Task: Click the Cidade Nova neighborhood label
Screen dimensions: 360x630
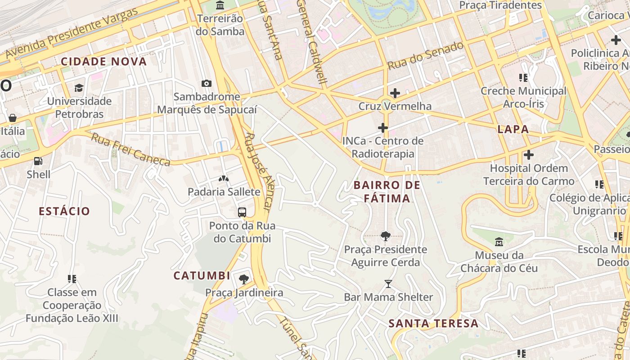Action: pos(104,62)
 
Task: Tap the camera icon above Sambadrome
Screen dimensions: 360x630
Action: pos(207,83)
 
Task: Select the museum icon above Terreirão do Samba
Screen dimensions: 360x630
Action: pos(220,6)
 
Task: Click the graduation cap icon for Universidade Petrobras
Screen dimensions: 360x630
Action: pos(79,88)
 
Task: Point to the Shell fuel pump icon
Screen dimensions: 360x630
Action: pos(38,161)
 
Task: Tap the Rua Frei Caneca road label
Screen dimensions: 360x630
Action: pos(130,149)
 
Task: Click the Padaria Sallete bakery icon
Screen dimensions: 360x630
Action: pos(224,179)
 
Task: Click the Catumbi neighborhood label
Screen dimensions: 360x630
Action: pos(202,276)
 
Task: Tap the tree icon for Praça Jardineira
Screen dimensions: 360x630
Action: pos(244,279)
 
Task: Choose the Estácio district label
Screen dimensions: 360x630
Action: pos(64,211)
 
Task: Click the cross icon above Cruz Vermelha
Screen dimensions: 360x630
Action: pos(395,93)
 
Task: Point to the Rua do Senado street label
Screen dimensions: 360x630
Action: pos(425,55)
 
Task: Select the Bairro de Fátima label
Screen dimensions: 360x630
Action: pos(387,192)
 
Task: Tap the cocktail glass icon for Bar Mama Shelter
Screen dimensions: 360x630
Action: pos(388,284)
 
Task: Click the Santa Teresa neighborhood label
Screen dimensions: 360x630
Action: pos(433,324)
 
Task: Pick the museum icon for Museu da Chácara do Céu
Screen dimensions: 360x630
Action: pos(499,242)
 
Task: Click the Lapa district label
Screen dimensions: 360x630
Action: pos(513,130)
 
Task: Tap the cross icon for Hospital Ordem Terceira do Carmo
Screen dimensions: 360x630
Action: pos(529,155)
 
